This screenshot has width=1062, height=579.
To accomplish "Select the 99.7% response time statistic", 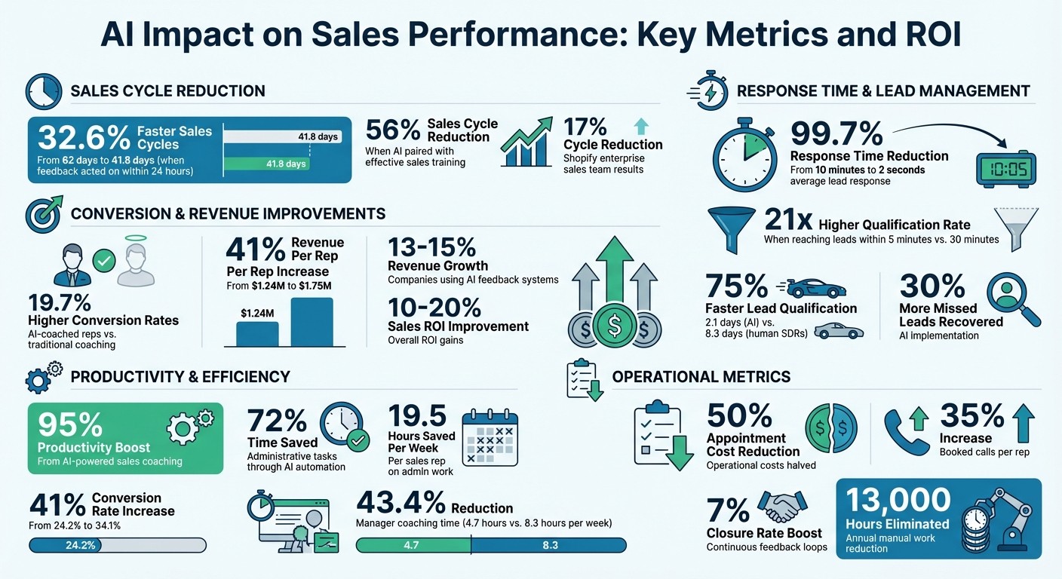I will pos(836,134).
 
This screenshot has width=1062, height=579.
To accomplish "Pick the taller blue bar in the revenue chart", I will pos(312,322).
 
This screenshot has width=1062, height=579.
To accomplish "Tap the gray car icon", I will pos(838,330).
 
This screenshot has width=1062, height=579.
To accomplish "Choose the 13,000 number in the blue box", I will pos(898,501).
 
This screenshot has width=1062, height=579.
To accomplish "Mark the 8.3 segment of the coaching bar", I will pos(549,545).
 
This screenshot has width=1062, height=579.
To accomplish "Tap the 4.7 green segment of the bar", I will pos(412,545).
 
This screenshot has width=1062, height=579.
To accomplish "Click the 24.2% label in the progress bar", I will pos(81,545).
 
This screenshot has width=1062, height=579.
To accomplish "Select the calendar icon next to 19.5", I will pos(490,437).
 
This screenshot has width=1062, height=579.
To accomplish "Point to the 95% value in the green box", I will pos(70,425).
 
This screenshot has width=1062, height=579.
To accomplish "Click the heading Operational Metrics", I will pos(701,376).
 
